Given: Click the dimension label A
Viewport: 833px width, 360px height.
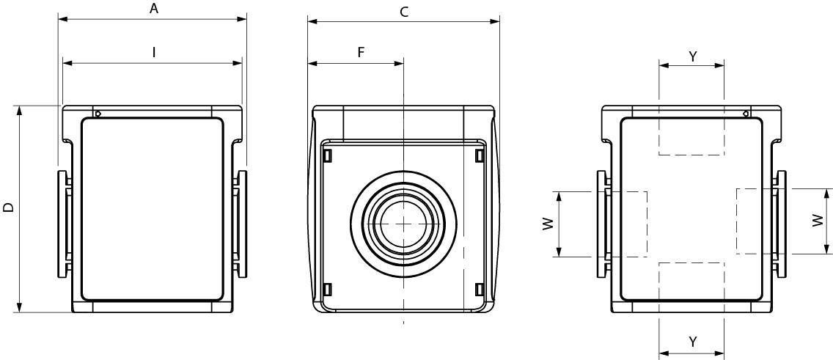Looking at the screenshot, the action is [x=153, y=9].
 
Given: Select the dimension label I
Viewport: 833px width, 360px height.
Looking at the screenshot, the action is [x=153, y=52].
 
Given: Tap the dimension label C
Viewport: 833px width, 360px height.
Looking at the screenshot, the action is [x=404, y=12].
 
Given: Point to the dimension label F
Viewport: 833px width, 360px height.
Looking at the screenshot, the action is [x=361, y=52].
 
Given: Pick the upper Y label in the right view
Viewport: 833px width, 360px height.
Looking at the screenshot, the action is [x=693, y=56].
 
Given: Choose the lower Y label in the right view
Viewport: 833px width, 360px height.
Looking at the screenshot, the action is [x=692, y=342].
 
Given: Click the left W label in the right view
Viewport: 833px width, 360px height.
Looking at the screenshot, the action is [x=548, y=224].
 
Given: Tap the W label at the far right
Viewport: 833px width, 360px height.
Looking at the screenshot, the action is [x=818, y=221].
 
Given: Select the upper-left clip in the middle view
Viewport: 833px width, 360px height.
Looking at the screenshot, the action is [x=327, y=155].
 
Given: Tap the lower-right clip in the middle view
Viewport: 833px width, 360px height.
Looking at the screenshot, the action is [x=479, y=290].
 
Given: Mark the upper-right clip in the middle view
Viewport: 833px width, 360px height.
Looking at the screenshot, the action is [x=479, y=155].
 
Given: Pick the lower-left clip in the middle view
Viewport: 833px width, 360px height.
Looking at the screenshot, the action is [x=327, y=290].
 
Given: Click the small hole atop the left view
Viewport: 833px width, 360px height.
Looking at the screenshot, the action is [x=99, y=113].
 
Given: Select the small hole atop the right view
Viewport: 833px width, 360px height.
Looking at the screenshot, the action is [x=746, y=113].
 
